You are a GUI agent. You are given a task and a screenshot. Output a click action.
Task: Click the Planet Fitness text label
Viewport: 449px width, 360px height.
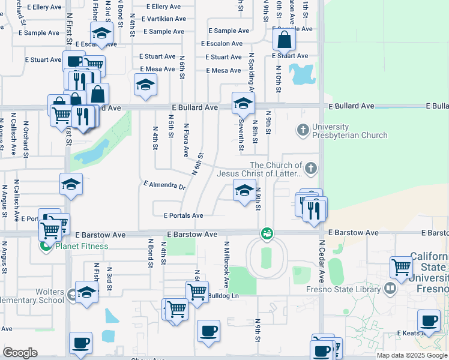tap(82, 246)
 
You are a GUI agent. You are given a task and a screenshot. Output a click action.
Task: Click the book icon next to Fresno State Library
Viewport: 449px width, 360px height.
tap(391, 289)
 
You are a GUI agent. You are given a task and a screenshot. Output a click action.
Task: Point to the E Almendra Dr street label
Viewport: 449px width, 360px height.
tap(164, 185)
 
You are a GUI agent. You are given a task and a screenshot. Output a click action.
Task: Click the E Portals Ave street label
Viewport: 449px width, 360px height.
tap(183, 215)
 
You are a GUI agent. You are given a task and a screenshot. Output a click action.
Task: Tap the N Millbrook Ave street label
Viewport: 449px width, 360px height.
tap(227, 264)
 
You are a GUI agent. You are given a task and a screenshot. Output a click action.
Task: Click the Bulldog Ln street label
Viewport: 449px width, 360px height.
tap(223, 295)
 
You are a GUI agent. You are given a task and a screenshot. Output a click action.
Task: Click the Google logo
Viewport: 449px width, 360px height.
tap(20, 352)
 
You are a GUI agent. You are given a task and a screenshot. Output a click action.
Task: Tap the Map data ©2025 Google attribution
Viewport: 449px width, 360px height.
tap(412, 355)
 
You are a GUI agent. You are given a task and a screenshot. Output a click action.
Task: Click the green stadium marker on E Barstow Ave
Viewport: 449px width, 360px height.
tap(266, 233)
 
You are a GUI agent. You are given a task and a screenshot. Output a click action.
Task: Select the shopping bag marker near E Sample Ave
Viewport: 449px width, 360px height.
tap(284, 40)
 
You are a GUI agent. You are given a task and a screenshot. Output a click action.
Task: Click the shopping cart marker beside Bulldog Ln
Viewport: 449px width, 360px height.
tap(197, 292)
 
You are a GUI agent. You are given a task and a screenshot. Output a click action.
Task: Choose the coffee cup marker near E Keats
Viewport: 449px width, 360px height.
tap(429, 321)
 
